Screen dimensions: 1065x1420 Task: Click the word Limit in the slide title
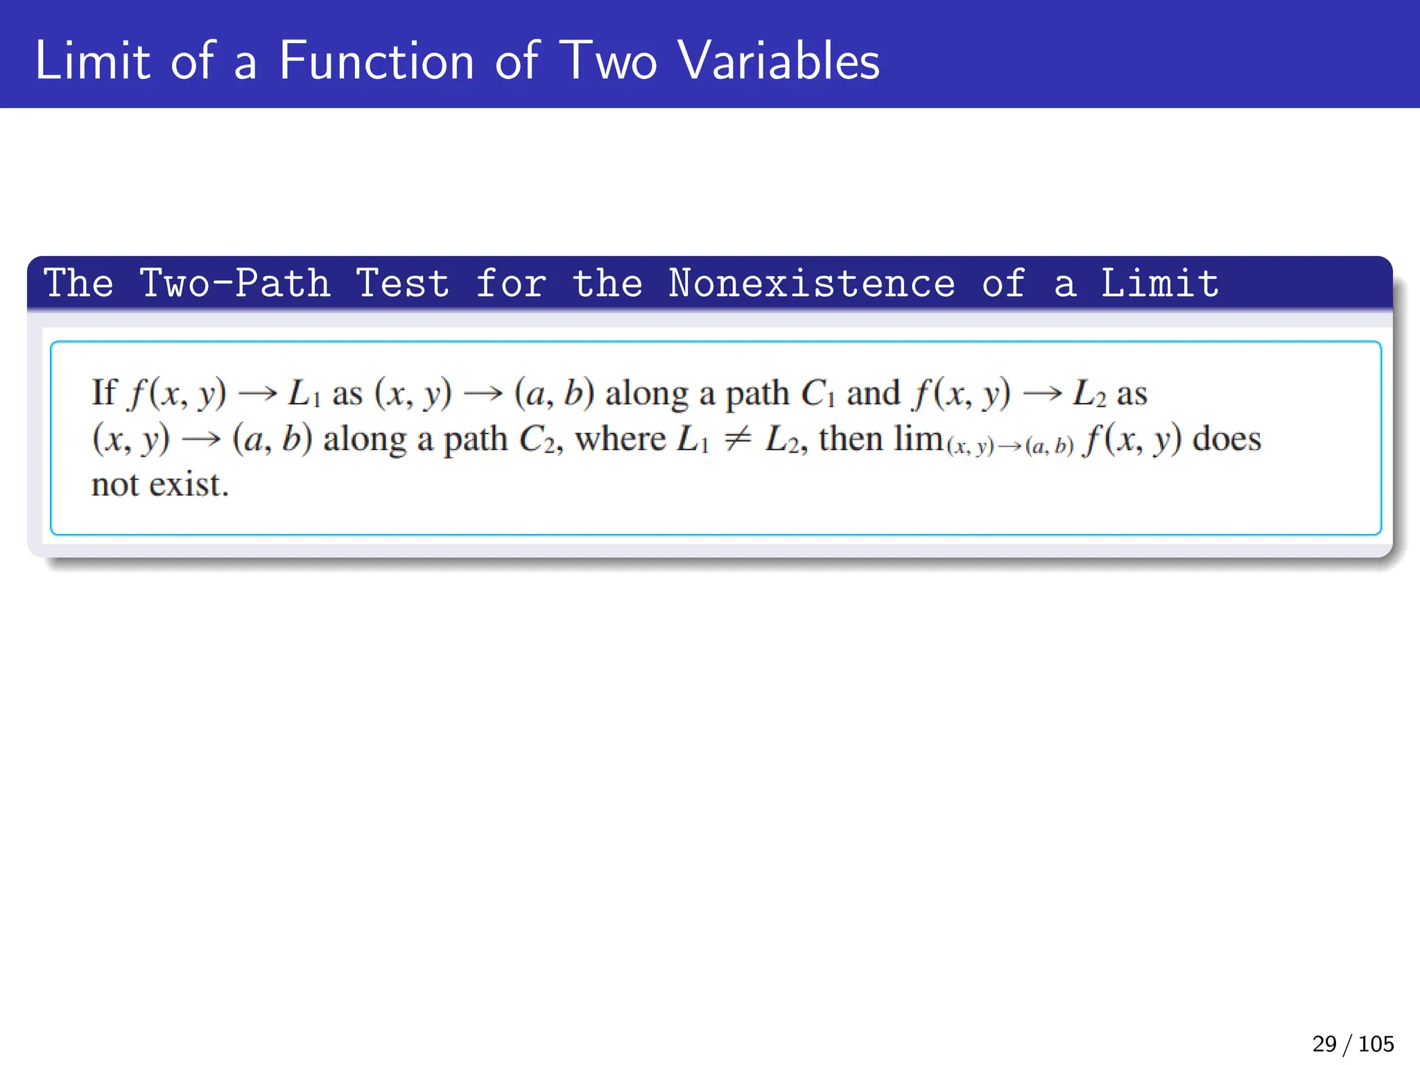pos(92,61)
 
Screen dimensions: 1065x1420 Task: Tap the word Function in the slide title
pos(376,61)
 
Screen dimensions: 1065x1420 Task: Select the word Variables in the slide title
pos(779,61)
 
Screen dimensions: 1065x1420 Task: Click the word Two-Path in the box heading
pos(235,284)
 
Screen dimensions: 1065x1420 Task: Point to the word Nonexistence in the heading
pos(811,284)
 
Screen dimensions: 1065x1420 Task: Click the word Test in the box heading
pos(402,284)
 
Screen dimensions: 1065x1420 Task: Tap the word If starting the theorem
pos(104,392)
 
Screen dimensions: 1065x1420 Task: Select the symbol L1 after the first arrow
pos(304,394)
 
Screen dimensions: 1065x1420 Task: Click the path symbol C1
pos(817,394)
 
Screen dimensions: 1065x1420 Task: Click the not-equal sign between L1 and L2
pos(737,440)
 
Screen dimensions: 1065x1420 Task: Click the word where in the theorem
pos(620,439)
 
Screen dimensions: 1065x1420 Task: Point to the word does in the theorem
pos(1226,439)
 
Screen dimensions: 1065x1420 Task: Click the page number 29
pos(1324,1044)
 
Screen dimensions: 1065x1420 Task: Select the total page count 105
pos(1376,1044)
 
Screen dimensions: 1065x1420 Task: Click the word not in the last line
pos(115,485)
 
